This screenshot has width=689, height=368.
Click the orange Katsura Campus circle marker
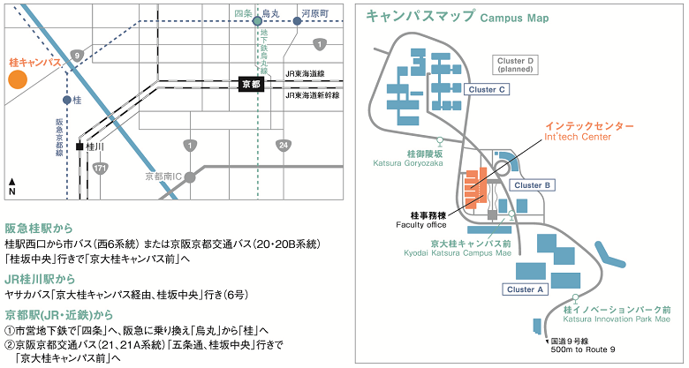click(18, 79)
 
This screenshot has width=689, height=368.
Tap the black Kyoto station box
click(252, 85)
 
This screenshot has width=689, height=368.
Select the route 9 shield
click(77, 56)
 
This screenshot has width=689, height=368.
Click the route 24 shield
click(282, 146)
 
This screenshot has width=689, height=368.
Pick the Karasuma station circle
click(257, 20)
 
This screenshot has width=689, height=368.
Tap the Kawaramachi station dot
click(297, 20)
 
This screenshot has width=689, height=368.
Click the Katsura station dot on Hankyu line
click(67, 100)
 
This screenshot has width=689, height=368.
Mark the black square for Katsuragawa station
click(79, 146)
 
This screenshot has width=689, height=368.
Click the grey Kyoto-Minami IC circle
click(189, 177)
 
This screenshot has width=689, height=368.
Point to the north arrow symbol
click(12, 186)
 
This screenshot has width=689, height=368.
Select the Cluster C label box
click(487, 90)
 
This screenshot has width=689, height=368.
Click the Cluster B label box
click(532, 185)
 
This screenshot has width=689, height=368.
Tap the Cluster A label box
click(525, 289)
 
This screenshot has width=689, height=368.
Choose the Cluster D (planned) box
click(515, 65)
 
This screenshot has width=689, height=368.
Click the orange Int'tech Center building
click(475, 189)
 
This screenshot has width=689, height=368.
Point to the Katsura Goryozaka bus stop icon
click(439, 141)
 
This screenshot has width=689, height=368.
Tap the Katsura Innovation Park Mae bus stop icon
click(575, 298)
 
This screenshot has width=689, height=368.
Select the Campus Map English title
click(515, 18)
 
